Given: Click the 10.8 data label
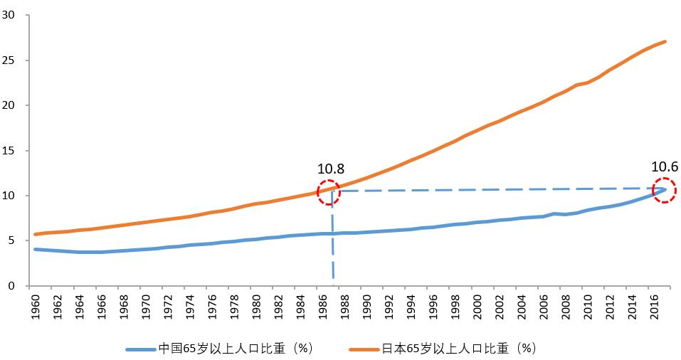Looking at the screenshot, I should (x=331, y=169).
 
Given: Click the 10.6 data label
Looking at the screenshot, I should (x=664, y=166).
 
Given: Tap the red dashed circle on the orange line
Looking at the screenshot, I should (x=329, y=192).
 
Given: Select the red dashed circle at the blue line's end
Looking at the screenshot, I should (x=664, y=190).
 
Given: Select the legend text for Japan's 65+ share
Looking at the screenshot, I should (x=458, y=349).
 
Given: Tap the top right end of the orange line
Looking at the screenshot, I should (x=665, y=41).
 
